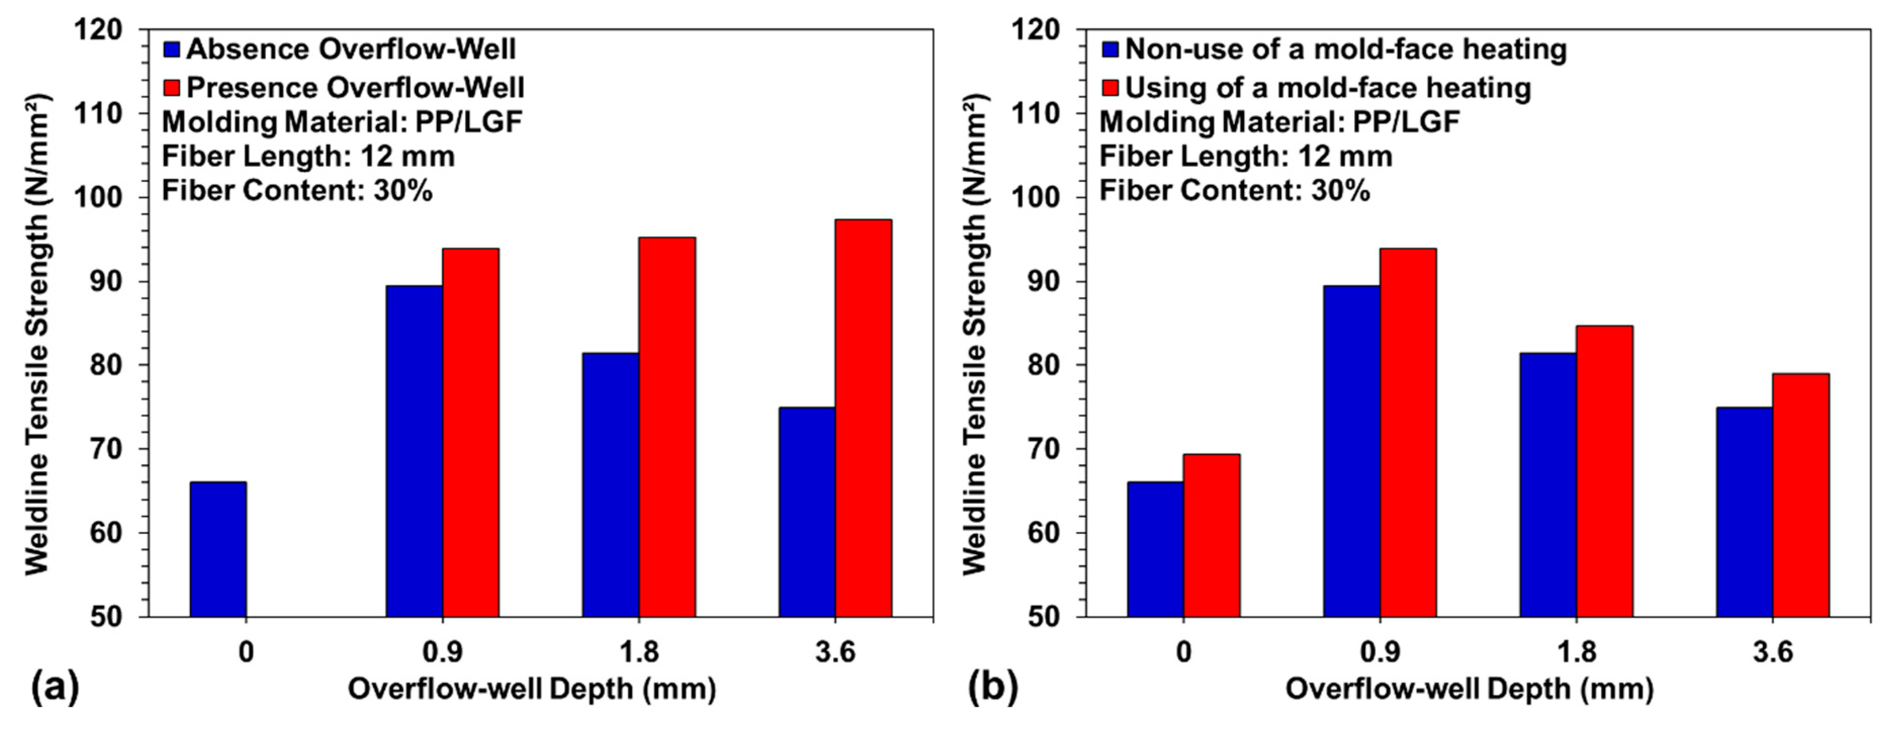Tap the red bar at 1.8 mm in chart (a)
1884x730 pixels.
[667, 427]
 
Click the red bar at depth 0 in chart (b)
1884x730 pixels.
[1211, 535]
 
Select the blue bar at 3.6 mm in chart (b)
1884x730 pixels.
[1744, 512]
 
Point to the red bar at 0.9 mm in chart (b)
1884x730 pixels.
[1408, 432]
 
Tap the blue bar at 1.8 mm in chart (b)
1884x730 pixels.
[1548, 484]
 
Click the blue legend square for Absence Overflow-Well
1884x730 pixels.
[172, 50]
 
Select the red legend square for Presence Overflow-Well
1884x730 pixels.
[172, 88]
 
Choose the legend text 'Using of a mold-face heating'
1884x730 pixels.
[1328, 88]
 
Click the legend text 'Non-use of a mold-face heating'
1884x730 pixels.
[1346, 50]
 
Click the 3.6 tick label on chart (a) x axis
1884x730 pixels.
[835, 651]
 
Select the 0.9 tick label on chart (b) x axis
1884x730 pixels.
[1379, 651]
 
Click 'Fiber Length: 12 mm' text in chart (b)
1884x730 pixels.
[1246, 157]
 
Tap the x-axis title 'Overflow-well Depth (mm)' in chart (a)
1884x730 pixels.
[532, 689]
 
